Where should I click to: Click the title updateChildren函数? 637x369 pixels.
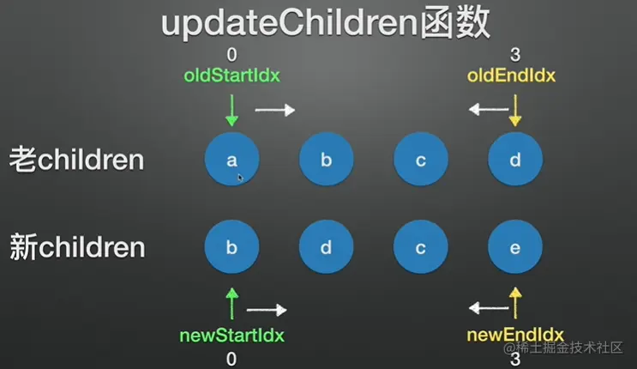(x=326, y=23)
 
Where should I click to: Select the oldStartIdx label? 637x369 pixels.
(x=232, y=76)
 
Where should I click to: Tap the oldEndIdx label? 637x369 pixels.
(x=511, y=76)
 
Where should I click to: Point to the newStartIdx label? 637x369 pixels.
(x=232, y=336)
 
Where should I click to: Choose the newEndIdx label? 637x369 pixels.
(x=515, y=336)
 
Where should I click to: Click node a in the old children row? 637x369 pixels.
(x=232, y=159)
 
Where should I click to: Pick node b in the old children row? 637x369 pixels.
(x=327, y=159)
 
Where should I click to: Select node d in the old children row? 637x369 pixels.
(x=515, y=159)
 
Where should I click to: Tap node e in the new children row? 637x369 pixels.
(x=515, y=247)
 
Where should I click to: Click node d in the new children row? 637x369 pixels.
(x=327, y=247)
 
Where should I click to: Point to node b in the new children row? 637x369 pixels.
(x=232, y=247)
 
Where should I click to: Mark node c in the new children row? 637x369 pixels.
(x=421, y=247)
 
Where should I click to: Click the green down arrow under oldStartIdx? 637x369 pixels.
(x=232, y=110)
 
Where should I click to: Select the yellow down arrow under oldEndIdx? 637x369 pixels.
(x=515, y=110)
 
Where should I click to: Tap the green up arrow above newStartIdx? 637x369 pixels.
(x=232, y=304)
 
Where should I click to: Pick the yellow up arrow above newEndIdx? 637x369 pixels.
(x=515, y=303)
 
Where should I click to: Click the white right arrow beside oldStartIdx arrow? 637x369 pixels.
(x=275, y=110)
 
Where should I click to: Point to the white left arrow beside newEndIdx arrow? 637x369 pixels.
(x=489, y=308)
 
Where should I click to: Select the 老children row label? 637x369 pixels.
(x=77, y=160)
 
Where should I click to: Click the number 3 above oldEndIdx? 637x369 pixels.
(x=515, y=55)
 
